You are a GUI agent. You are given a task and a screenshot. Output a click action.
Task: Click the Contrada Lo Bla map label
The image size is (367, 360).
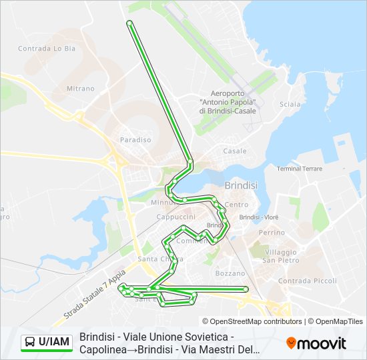(44, 48)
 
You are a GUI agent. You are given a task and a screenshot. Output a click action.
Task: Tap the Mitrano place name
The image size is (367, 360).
(81, 88)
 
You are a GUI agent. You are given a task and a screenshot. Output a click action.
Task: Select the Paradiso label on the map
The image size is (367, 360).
(135, 140)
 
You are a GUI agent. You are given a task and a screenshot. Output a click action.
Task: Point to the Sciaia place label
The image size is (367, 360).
(290, 104)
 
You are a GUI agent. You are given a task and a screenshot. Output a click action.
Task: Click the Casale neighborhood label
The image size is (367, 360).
(235, 151)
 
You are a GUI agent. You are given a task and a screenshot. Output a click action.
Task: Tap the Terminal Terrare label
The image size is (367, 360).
(300, 169)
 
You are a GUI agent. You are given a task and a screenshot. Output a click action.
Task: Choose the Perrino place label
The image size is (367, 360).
(272, 233)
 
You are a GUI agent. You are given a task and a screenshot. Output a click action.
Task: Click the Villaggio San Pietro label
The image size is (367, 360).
(280, 256)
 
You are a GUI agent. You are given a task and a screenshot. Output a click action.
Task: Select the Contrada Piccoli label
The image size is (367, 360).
(308, 281)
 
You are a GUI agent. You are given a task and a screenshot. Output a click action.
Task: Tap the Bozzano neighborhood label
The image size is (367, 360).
(230, 273)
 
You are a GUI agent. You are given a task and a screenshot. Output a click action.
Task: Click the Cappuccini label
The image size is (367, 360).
(175, 217)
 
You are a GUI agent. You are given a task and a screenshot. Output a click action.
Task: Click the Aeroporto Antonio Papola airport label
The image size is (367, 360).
(228, 102)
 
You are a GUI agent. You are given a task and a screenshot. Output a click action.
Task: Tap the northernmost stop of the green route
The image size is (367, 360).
(129, 23)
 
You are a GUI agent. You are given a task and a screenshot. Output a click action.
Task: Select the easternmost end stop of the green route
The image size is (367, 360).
(246, 289)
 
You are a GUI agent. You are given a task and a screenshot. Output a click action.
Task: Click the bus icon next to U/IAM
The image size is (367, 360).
(30, 343)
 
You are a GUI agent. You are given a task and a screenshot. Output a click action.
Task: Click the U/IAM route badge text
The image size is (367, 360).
(54, 343)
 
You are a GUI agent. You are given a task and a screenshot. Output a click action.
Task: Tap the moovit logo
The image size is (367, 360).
(316, 343)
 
